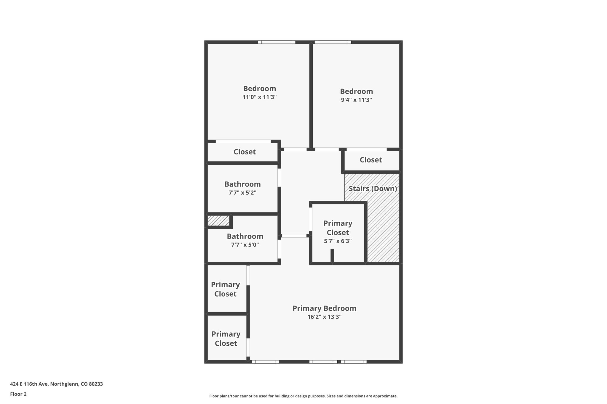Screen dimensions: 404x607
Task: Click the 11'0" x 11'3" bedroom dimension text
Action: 259,97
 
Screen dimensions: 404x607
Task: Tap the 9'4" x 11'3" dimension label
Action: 356,100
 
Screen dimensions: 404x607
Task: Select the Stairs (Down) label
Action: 373,189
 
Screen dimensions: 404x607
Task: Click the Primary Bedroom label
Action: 324,308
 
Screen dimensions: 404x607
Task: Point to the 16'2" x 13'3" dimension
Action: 324,317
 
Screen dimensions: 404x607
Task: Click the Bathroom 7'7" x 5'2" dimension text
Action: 242,193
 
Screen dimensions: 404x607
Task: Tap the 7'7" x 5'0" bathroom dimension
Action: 245,245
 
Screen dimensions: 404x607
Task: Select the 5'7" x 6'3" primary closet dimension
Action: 338,241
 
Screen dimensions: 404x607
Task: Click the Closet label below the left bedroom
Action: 245,152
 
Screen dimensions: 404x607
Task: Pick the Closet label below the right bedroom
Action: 370,160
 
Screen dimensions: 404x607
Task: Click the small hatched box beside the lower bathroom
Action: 218,220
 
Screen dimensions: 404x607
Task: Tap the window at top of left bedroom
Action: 277,42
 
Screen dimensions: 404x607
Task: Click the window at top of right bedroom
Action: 333,42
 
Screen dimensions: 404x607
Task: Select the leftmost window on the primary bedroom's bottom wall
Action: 265,362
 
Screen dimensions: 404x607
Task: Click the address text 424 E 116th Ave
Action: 56,384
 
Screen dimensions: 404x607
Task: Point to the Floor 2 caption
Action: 18,394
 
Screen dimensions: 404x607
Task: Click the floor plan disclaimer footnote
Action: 303,396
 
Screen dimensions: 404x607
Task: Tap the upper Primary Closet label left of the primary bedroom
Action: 225,289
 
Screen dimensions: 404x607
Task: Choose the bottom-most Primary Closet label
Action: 226,339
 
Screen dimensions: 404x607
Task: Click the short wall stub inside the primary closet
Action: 332,255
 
